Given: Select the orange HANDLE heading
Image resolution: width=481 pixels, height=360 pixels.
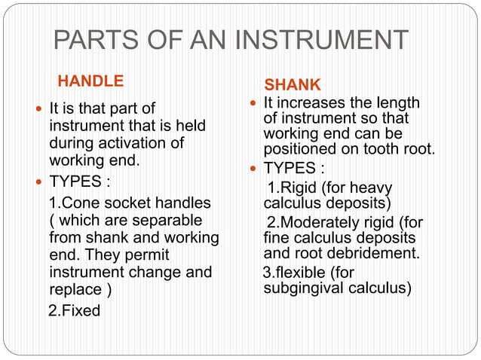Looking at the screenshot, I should (90, 80).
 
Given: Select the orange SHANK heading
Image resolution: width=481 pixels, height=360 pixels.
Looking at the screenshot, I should (293, 84).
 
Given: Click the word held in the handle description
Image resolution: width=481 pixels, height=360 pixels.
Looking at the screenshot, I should (190, 125).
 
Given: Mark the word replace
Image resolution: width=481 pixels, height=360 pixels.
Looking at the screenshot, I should (75, 289).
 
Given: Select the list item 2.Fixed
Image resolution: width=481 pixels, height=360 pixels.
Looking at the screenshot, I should (74, 310).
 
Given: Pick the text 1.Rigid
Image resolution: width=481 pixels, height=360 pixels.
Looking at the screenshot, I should (294, 188).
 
